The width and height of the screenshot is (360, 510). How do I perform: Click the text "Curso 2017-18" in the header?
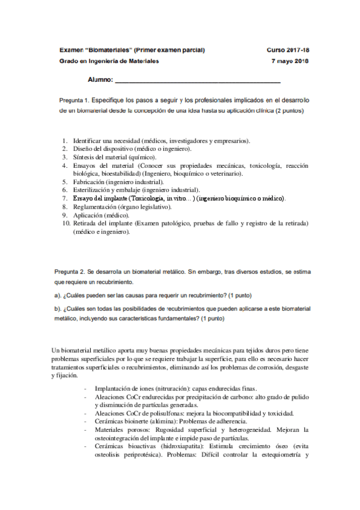pos(287,49)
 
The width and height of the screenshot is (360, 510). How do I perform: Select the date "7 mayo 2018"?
pos(290,61)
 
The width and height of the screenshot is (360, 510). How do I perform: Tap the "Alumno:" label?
pos(100,79)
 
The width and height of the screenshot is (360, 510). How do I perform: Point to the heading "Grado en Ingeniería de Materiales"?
pos(109,61)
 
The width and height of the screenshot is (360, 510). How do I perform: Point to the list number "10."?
pos(66,223)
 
